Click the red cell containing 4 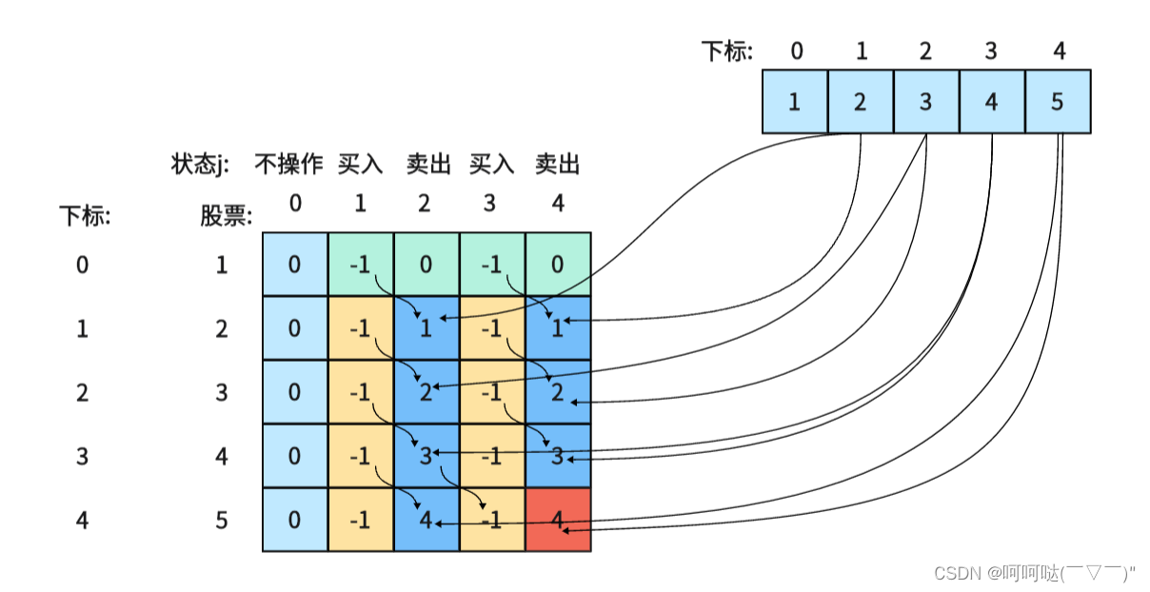tap(558, 520)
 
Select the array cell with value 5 tap(1058, 101)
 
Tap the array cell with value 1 tap(795, 101)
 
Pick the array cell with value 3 tap(926, 101)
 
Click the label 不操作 tap(288, 165)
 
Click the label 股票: tap(226, 217)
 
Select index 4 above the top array tap(1060, 50)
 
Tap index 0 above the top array tap(797, 50)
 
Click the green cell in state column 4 tap(558, 265)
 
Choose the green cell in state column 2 tap(426, 265)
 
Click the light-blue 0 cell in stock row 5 tap(295, 520)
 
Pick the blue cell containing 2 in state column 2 tap(426, 392)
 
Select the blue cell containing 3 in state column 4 tap(558, 456)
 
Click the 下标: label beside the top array tap(726, 51)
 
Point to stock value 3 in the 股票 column tap(222, 392)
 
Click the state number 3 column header tap(491, 203)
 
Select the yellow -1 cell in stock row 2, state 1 tap(360, 328)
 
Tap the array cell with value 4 tap(992, 101)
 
